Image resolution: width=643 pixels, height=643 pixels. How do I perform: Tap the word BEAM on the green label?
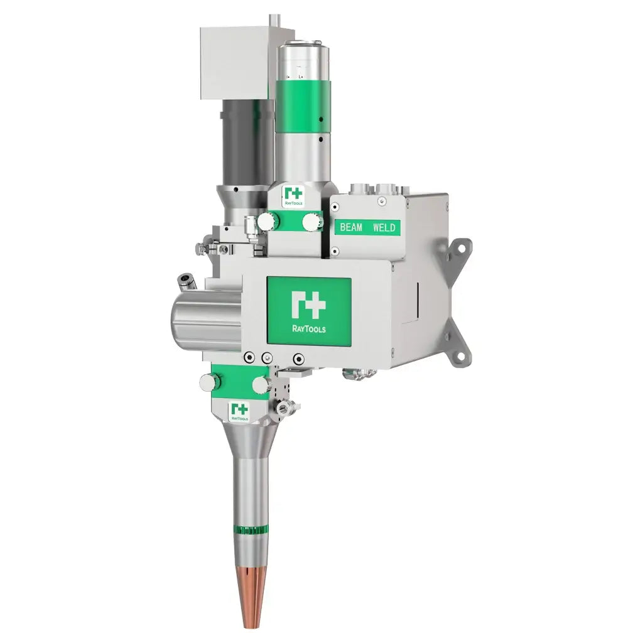point(351,227)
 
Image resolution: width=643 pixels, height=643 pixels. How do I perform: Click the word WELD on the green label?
point(384,227)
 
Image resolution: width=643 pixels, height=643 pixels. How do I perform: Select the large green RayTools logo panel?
point(309,310)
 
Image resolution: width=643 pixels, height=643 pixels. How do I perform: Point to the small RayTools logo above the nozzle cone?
point(239,411)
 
